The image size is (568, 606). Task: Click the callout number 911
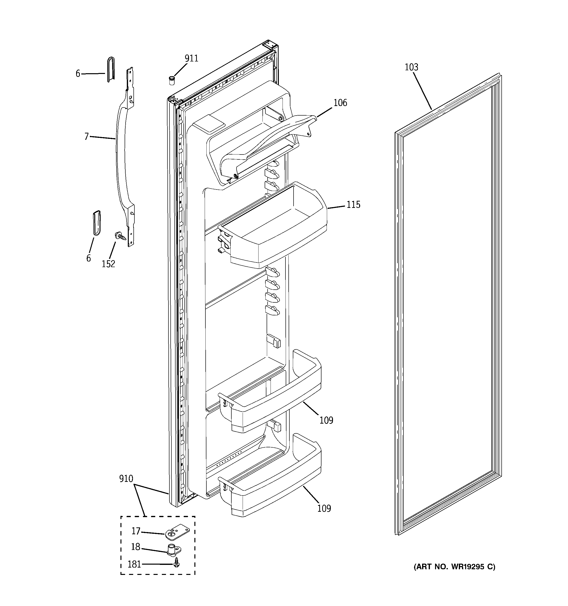coord(191,58)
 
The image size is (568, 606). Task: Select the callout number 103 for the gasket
coord(411,67)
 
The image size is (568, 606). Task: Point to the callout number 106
coord(340,103)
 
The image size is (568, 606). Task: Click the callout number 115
coord(353,204)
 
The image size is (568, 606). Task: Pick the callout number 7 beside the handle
coord(87,137)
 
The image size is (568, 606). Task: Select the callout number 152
coord(108,264)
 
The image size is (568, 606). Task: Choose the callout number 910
coord(126,479)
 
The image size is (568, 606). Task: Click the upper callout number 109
coord(326,420)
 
